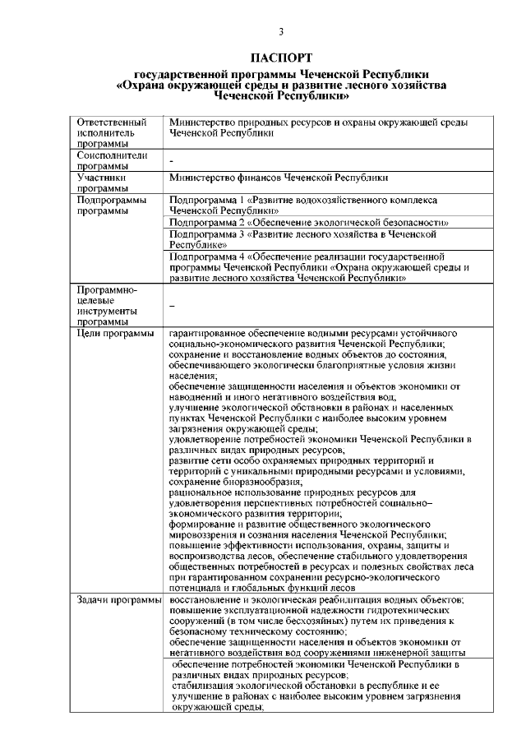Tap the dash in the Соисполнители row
[x=172, y=161]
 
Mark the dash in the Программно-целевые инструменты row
[x=172, y=306]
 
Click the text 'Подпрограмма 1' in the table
[x=204, y=200]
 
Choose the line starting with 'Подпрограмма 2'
[x=308, y=222]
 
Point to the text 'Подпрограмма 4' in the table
[x=204, y=256]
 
